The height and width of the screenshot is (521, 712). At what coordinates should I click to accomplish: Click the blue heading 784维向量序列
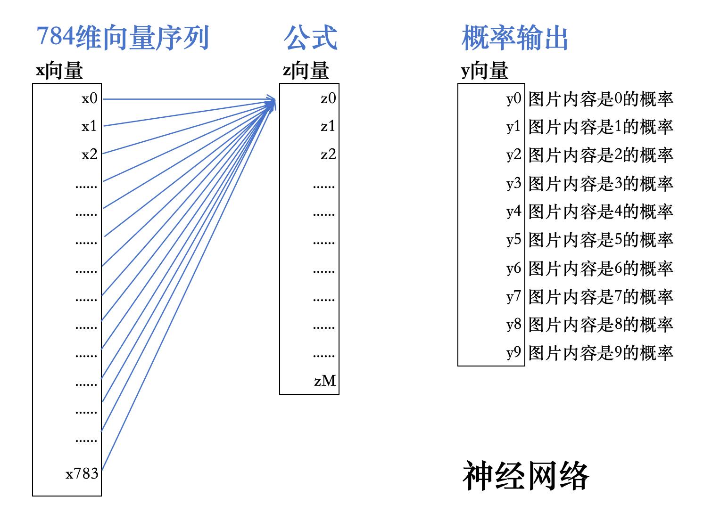point(123,38)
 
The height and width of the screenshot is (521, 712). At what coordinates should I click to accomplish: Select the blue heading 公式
point(310,38)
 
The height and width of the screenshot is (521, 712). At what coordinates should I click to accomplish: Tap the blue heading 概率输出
point(515,38)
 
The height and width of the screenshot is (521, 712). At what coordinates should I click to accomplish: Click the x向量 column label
point(59,71)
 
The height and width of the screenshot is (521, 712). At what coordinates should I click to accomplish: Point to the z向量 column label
point(306,71)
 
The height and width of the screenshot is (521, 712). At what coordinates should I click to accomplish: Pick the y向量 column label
point(484,71)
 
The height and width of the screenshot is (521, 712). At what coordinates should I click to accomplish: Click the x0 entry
point(90,98)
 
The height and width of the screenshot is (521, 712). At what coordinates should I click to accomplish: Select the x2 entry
point(90,155)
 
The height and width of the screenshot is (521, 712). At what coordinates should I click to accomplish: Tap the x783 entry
point(82,473)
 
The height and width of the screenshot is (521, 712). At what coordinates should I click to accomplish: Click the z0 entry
point(328,98)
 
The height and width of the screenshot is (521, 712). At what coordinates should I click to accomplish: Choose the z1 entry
point(328,126)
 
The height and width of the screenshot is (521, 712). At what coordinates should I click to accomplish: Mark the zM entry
point(325,381)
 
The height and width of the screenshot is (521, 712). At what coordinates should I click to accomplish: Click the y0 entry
point(513,99)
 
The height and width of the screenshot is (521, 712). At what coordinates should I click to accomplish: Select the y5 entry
point(513,240)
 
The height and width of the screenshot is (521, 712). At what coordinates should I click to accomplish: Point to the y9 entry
point(513,353)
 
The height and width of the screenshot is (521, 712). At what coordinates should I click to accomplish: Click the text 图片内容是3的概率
point(601,184)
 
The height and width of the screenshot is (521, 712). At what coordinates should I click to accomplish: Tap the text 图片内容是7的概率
point(601,297)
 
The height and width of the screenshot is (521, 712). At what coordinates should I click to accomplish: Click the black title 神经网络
point(526,476)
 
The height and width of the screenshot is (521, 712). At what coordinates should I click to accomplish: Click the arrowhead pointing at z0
point(272,101)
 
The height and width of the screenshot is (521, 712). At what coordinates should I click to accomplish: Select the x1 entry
point(89,126)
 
